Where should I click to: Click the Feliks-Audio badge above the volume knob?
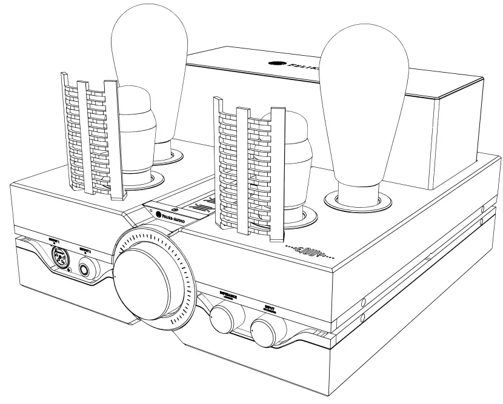click(176, 215)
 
